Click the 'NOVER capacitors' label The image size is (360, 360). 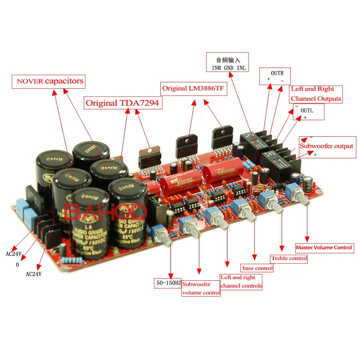tap(50, 81)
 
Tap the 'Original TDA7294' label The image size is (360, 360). tap(124, 103)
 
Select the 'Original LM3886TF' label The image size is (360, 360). tap(193, 88)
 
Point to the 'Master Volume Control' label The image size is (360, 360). tap(324, 247)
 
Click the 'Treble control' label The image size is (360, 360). tap(289, 258)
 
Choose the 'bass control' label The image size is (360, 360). tap(257, 268)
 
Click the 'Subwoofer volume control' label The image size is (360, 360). tap(201, 288)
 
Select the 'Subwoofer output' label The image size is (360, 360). tap(326, 146)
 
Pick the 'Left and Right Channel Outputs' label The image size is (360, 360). tap(316, 94)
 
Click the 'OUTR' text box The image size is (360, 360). tap(275, 76)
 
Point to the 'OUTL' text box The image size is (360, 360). tap(308, 112)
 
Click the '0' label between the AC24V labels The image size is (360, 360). tap(18, 265)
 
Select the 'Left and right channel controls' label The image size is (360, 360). tap(241, 282)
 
